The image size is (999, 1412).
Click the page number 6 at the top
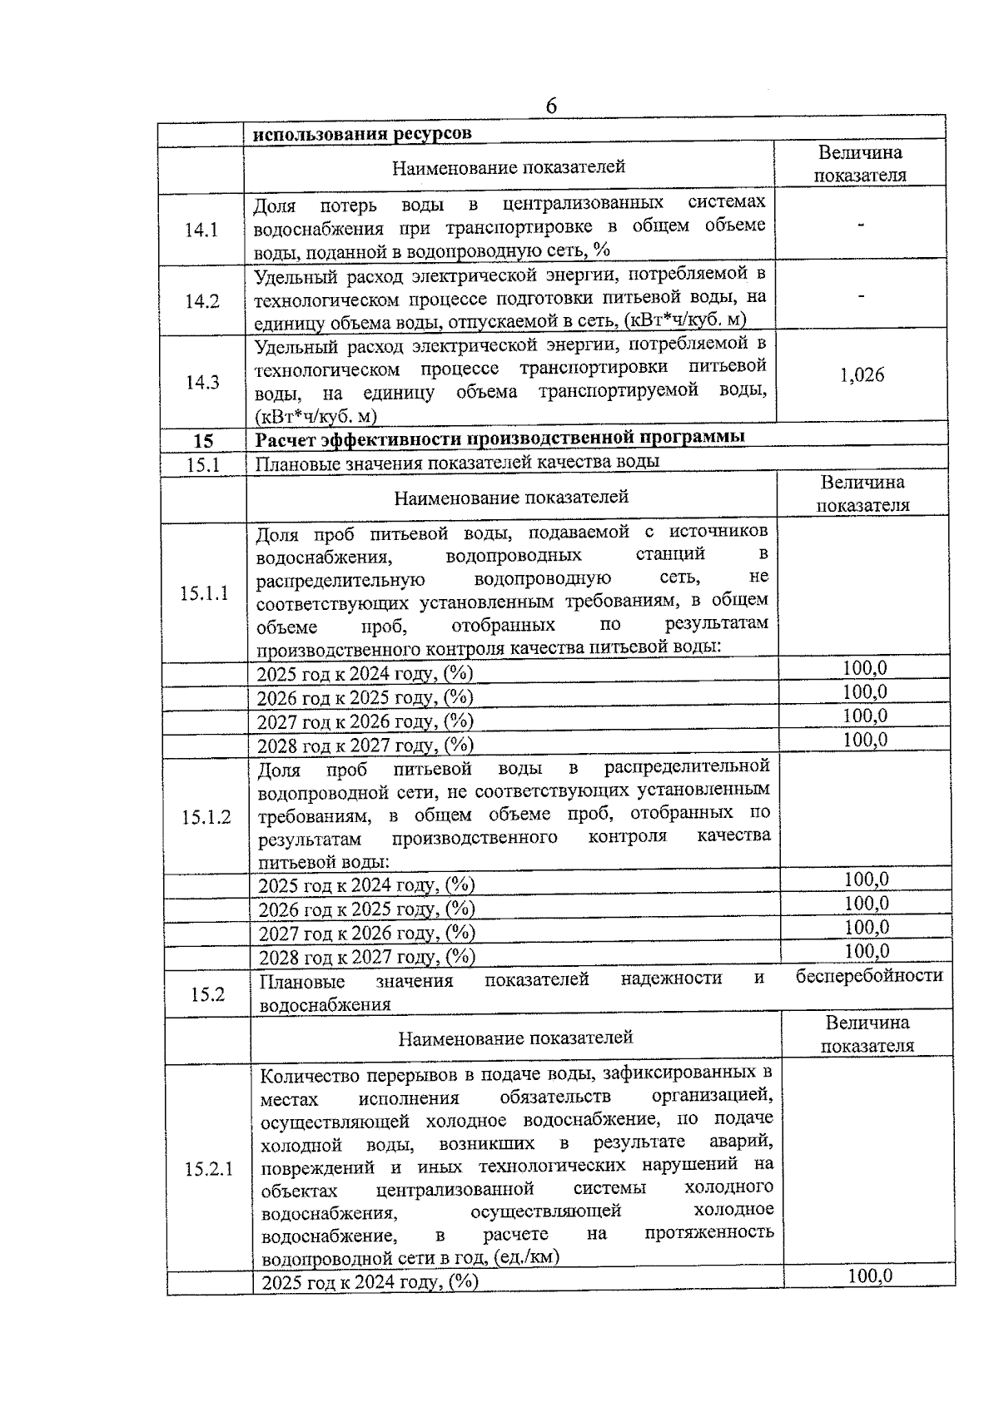(551, 107)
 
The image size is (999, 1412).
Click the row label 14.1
(201, 230)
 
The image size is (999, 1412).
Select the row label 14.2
(202, 301)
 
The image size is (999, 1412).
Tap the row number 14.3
(202, 382)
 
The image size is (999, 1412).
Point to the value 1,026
(862, 375)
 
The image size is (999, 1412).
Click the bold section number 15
(202, 441)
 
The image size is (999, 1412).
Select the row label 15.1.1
(204, 593)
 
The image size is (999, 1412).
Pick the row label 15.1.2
(206, 817)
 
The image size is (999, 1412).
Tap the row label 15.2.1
(209, 1169)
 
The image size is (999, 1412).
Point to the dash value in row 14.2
(861, 295)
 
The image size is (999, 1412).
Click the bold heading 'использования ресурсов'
(362, 133)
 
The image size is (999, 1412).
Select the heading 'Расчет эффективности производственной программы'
(499, 438)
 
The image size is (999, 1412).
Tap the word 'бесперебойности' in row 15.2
(869, 976)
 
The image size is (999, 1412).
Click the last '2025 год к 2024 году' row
(370, 1305)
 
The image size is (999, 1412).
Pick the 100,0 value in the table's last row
(869, 1298)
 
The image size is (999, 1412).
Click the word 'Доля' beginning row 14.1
(275, 205)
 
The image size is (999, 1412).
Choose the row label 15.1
(202, 464)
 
